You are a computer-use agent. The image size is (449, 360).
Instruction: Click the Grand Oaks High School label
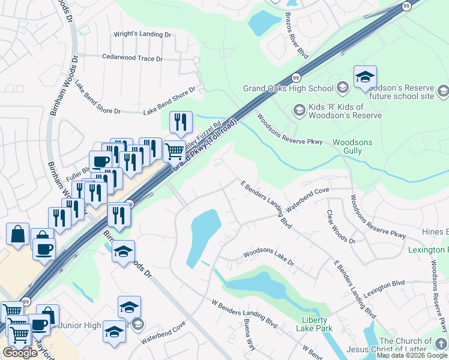288,89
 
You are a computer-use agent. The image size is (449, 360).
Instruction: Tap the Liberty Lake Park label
314,324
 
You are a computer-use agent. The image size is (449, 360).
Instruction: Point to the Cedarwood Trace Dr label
133,58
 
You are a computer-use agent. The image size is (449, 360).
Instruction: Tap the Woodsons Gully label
352,146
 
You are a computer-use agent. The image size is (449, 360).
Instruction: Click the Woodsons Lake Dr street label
268,255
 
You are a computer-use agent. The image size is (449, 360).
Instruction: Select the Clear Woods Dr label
340,226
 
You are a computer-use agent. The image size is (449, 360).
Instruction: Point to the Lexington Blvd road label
384,286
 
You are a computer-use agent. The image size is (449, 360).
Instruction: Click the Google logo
20,353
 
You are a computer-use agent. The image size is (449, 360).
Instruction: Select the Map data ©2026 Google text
412,355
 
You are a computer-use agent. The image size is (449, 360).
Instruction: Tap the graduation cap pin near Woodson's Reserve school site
365,76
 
